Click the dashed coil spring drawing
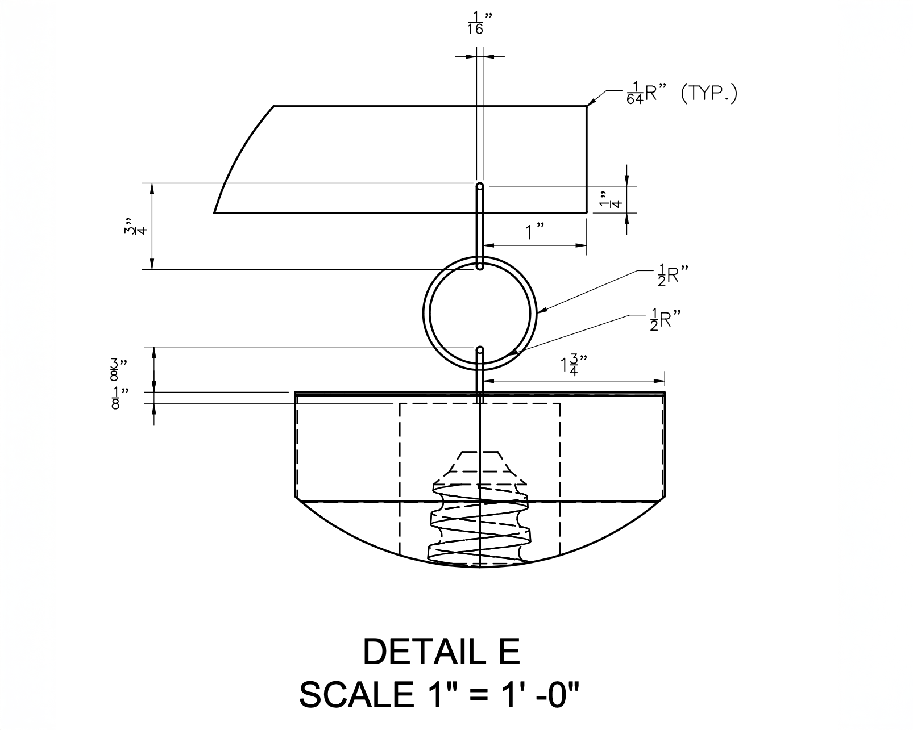[479, 523]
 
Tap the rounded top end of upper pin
[480, 186]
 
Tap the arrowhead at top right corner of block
[590, 102]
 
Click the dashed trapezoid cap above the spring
[479, 462]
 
